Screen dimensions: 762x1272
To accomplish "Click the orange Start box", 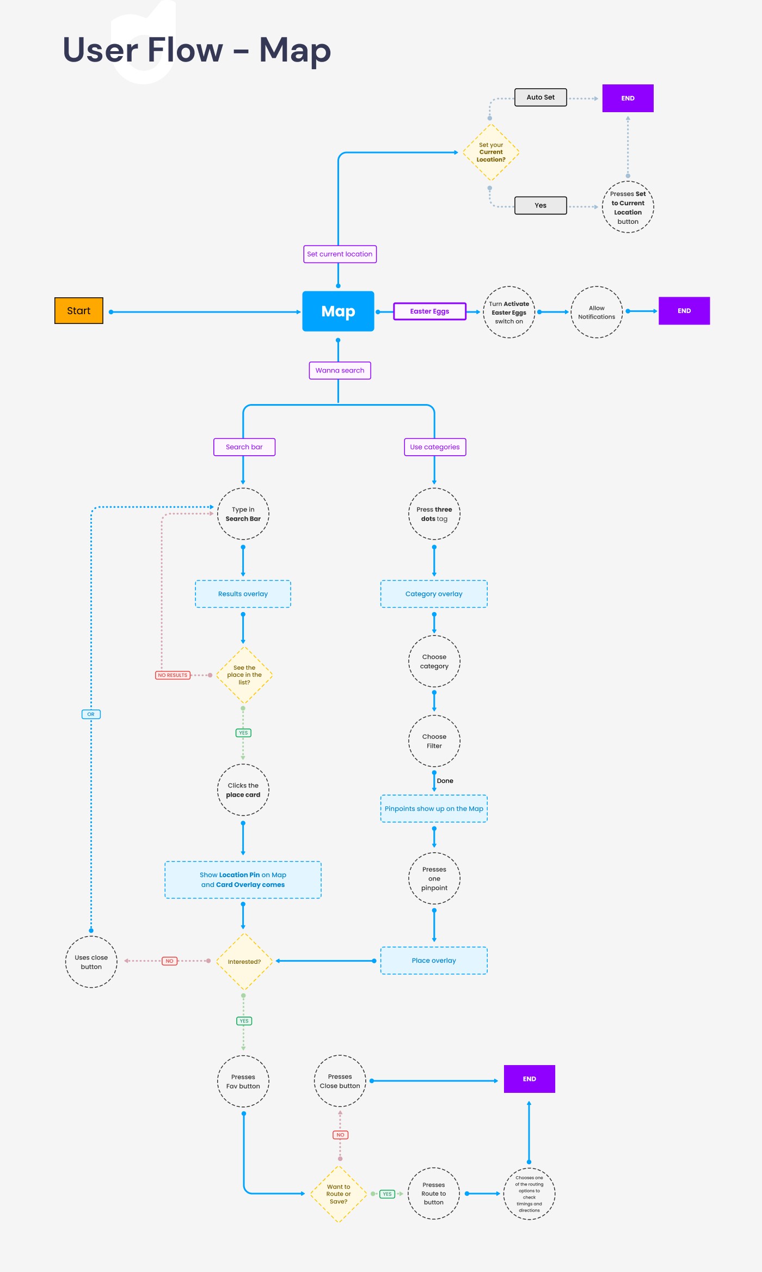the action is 79,310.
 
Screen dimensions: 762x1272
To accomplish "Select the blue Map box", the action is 338,311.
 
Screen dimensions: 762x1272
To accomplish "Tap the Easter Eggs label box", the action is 429,311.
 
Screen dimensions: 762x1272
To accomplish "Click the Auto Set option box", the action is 540,97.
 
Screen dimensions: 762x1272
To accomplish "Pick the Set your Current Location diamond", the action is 491,152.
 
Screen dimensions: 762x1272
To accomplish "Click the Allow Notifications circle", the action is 597,312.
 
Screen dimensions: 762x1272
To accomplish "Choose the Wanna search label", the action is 340,370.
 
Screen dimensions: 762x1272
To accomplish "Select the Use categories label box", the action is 435,447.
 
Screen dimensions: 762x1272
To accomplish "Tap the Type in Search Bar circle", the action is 243,514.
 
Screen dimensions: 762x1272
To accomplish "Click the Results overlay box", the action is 243,594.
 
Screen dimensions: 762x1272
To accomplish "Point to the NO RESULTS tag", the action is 173,675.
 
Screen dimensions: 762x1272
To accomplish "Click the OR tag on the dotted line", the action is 91,714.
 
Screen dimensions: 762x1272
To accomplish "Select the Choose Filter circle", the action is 434,741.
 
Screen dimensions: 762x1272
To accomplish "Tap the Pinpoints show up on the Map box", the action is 434,809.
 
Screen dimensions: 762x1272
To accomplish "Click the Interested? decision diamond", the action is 244,962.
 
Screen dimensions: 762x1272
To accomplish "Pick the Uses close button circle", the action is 91,962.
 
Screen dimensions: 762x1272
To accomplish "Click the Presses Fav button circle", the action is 243,1081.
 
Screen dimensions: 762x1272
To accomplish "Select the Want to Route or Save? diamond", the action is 339,1194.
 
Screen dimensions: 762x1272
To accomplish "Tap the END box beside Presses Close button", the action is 530,1079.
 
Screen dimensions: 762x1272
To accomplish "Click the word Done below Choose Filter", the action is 445,781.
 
